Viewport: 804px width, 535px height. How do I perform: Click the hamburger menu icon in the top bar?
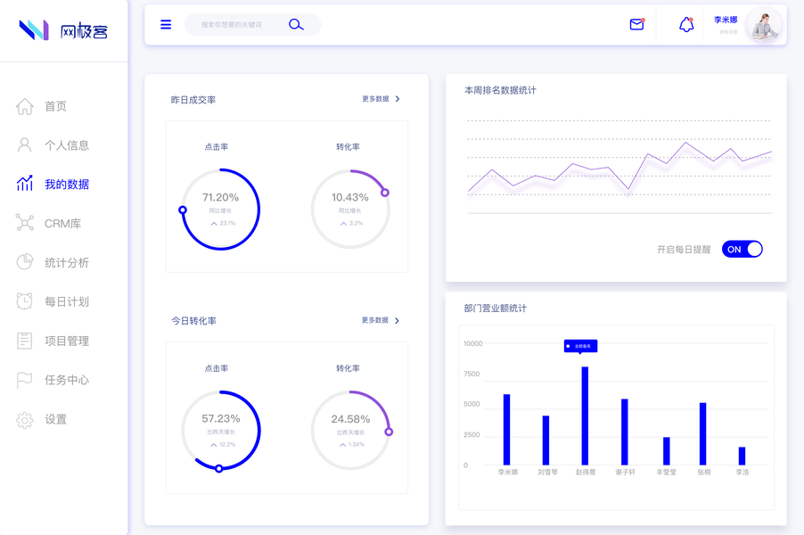(166, 25)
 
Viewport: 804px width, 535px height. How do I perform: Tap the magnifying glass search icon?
(296, 25)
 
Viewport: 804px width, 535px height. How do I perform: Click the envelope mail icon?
(636, 25)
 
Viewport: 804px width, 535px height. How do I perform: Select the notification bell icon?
(686, 25)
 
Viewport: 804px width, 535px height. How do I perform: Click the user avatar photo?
(764, 26)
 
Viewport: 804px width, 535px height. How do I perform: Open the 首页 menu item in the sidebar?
(55, 106)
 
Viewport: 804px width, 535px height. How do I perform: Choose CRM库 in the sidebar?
(62, 224)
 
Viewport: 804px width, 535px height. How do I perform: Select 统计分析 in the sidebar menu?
(67, 263)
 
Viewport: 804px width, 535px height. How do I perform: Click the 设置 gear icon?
(25, 420)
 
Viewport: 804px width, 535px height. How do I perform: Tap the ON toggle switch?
(742, 250)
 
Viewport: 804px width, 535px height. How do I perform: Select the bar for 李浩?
(742, 456)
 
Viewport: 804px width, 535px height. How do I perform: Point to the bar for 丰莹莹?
(666, 450)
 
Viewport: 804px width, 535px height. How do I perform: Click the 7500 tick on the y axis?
(472, 374)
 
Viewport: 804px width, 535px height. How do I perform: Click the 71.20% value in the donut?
(220, 197)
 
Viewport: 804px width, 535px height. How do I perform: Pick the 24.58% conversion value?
(350, 419)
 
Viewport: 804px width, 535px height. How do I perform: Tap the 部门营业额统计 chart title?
(495, 309)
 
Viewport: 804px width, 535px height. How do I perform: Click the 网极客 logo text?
(84, 31)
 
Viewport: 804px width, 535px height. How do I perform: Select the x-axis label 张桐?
(704, 473)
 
